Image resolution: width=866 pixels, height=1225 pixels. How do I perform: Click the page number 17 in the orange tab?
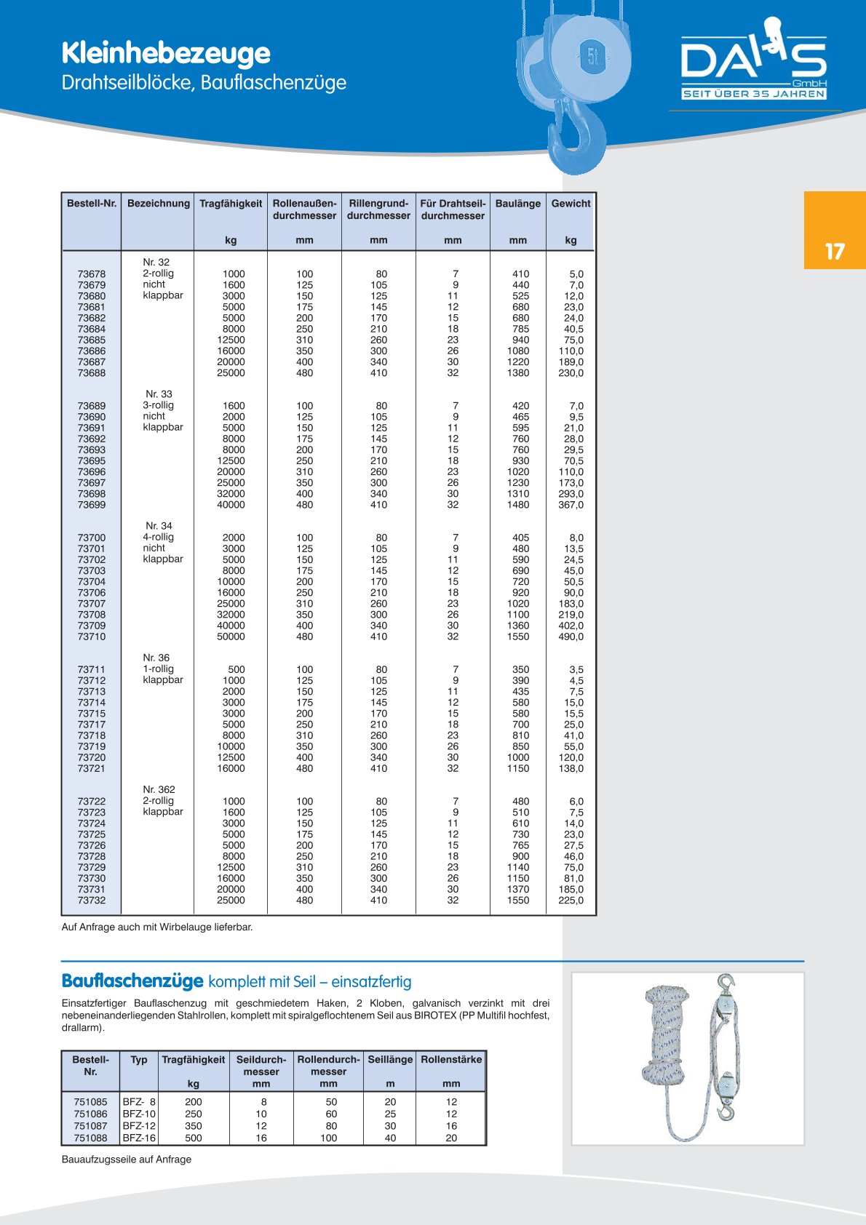tap(835, 252)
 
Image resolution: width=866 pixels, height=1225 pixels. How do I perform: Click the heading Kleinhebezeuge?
tap(166, 53)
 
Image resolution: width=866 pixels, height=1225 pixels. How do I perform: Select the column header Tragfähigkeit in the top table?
tap(231, 204)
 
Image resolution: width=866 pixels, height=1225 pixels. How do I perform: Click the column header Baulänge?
tap(517, 204)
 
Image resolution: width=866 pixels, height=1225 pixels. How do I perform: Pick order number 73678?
tap(92, 274)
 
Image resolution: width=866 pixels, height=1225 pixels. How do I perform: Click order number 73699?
tap(92, 505)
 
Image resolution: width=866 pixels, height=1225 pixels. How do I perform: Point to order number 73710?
tap(92, 637)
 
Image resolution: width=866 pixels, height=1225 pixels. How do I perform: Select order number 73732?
tap(92, 901)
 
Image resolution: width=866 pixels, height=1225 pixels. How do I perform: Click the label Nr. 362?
tap(159, 789)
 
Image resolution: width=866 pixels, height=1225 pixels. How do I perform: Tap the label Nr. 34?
tap(159, 526)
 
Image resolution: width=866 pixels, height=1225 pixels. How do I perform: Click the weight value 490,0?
tap(571, 637)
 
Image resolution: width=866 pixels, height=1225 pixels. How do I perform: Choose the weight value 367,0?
tap(571, 505)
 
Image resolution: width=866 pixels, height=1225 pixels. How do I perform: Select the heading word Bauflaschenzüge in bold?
tap(132, 981)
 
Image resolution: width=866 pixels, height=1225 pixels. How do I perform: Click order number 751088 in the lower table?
tap(90, 1138)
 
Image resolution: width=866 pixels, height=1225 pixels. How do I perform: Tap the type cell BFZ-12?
tap(139, 1126)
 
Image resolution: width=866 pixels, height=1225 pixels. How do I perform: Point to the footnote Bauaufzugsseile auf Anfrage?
tap(127, 1160)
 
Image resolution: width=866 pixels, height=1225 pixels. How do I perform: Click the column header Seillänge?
tap(390, 1060)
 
